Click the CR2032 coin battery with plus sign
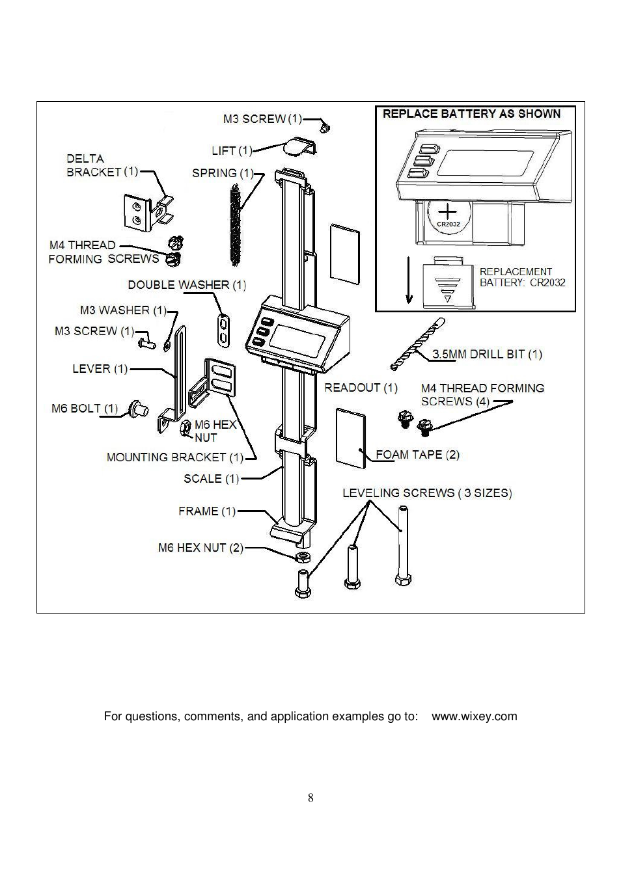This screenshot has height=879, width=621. coord(448,216)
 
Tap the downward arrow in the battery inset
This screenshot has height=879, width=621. coord(409,280)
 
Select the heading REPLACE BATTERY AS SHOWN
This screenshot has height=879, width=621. coord(471,114)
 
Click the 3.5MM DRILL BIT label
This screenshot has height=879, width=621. coord(487,355)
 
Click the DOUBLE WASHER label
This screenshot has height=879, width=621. coord(187,285)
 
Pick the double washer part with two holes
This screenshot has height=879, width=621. coord(223,329)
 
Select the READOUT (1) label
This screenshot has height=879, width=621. coord(361,388)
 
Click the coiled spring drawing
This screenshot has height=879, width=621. coord(235,224)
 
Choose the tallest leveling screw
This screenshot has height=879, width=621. coord(402,546)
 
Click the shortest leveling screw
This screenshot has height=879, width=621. coord(303,583)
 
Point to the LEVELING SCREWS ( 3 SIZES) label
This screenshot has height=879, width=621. coord(427,493)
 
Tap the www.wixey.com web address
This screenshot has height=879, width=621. coord(475,716)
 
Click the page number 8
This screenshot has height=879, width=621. coord(310,798)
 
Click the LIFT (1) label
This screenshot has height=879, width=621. coord(232,151)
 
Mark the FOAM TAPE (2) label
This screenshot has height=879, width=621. coord(417,455)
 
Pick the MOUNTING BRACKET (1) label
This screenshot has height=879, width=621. coord(174,457)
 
